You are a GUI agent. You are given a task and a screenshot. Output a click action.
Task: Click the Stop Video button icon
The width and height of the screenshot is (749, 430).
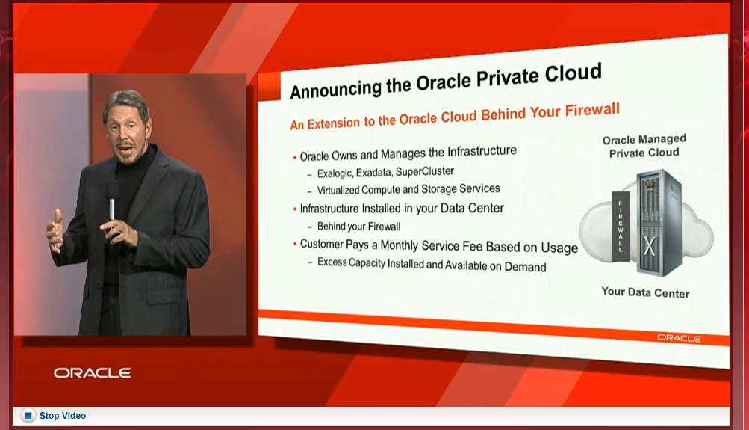[x=28, y=416]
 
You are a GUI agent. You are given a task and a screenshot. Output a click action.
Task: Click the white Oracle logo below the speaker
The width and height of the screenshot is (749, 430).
[x=92, y=372]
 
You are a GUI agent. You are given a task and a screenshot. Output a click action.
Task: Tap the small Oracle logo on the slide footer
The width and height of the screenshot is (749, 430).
[x=679, y=338]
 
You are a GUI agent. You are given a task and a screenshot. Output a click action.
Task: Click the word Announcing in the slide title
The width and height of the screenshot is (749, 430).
[x=336, y=88]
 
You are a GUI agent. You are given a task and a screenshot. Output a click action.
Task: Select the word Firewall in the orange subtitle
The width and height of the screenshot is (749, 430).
[x=592, y=111]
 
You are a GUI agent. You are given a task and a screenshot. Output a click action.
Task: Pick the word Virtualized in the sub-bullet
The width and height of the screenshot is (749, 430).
[x=338, y=191]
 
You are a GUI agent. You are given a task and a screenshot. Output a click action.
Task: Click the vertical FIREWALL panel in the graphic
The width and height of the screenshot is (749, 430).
[x=621, y=227]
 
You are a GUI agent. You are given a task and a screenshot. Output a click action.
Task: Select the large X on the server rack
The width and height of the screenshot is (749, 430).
[x=649, y=246]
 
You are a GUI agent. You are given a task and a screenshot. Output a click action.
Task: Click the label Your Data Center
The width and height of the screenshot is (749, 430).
[x=645, y=292]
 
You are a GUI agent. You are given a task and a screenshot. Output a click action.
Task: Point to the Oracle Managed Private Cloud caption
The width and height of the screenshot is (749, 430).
[x=644, y=146]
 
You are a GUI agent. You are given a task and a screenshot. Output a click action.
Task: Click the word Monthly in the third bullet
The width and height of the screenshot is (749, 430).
[x=400, y=245]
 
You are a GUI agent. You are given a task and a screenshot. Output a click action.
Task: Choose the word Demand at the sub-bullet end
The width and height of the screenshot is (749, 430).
[x=525, y=267]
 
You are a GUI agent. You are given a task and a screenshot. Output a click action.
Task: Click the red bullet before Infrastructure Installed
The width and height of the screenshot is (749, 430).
[x=295, y=209]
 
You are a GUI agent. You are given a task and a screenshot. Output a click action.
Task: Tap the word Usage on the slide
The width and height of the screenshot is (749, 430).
[x=559, y=248]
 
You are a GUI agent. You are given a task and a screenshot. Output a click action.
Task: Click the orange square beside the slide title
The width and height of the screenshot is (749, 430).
[x=270, y=87]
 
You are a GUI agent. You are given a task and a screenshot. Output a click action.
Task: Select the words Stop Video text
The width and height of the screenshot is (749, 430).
[x=63, y=416]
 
